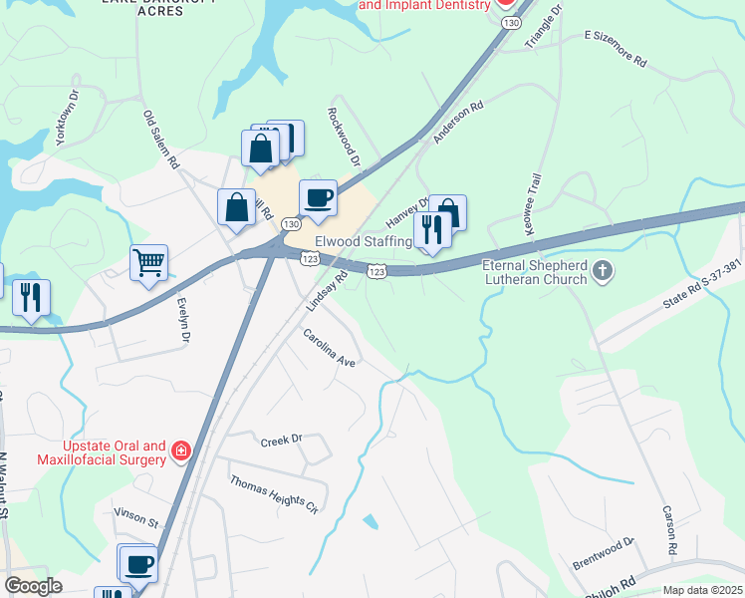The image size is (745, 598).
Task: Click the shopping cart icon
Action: point(148,263)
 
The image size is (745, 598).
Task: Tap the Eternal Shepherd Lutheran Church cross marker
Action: point(602,270)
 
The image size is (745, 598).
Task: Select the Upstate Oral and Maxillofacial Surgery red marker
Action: point(181,452)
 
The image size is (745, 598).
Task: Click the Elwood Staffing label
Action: point(363,242)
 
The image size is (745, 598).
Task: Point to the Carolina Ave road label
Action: point(330,349)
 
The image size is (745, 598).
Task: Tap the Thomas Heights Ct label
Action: point(274,494)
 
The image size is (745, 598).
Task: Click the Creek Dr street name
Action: point(281,441)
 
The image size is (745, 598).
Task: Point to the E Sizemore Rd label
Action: point(616,48)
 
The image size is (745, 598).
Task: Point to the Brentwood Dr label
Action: point(604,554)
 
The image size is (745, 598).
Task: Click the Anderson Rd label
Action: point(458,119)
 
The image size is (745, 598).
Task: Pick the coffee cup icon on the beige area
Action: point(318,196)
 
